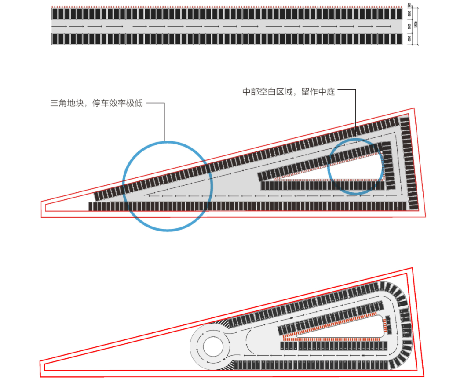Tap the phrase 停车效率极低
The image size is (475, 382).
[x=117, y=104]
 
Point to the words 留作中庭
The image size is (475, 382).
[x=318, y=92]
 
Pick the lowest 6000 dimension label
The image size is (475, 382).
[x=409, y=39]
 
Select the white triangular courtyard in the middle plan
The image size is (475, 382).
[x=352, y=169]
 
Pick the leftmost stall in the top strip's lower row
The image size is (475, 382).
[x=55, y=39]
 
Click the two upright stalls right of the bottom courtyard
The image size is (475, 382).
[x=387, y=325]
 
